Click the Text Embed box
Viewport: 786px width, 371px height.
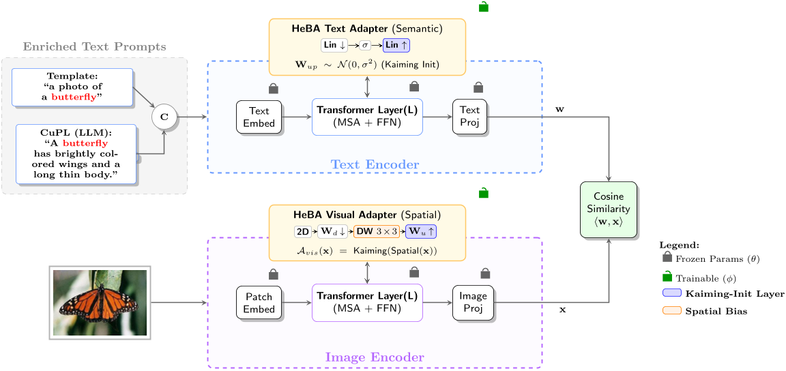pyautogui.click(x=259, y=117)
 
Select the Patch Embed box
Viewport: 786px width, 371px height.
pyautogui.click(x=259, y=303)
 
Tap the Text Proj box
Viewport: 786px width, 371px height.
pyautogui.click(x=469, y=117)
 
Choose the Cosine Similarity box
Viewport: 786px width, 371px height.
pyautogui.click(x=608, y=210)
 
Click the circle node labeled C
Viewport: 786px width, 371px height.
pyautogui.click(x=164, y=117)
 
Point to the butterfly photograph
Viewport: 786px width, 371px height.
pyautogui.click(x=100, y=303)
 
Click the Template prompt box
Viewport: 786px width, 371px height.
pyautogui.click(x=72, y=87)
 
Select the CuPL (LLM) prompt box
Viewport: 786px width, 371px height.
pyautogui.click(x=76, y=154)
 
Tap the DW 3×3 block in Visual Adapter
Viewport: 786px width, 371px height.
pyautogui.click(x=377, y=232)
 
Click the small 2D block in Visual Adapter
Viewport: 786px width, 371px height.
pyautogui.click(x=302, y=232)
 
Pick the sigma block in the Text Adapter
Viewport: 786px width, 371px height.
pyautogui.click(x=365, y=46)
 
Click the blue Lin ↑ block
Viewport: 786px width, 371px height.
pyautogui.click(x=396, y=46)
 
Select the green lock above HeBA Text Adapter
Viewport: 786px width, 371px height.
pyautogui.click(x=484, y=7)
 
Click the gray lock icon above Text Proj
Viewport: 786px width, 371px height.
pyautogui.click(x=478, y=87)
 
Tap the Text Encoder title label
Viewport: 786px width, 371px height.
pyautogui.click(x=375, y=164)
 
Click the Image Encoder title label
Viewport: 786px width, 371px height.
pyautogui.click(x=375, y=357)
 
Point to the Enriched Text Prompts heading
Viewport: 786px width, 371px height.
pyautogui.click(x=94, y=47)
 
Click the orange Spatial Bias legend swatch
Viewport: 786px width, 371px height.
pyautogui.click(x=672, y=311)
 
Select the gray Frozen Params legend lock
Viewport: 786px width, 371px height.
pyautogui.click(x=667, y=259)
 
